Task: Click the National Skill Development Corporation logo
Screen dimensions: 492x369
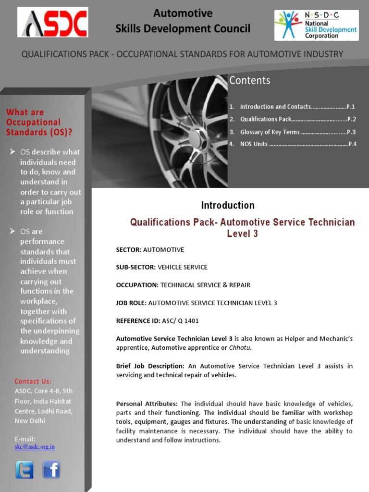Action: [316, 25]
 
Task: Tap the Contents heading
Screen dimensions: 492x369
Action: [249, 81]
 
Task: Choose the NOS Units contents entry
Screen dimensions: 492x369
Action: [293, 144]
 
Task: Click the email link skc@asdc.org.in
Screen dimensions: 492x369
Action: [35, 446]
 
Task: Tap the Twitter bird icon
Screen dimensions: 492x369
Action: [25, 469]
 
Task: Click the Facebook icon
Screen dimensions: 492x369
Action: [51, 469]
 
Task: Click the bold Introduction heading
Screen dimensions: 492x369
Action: [228, 206]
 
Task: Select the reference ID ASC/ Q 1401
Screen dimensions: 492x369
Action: [180, 320]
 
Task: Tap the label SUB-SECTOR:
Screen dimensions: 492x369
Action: [136, 267]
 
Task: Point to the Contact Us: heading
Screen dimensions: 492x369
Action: [33, 381]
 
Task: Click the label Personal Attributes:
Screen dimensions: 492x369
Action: [147, 404]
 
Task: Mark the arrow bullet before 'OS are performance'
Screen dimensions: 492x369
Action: [12, 232]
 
